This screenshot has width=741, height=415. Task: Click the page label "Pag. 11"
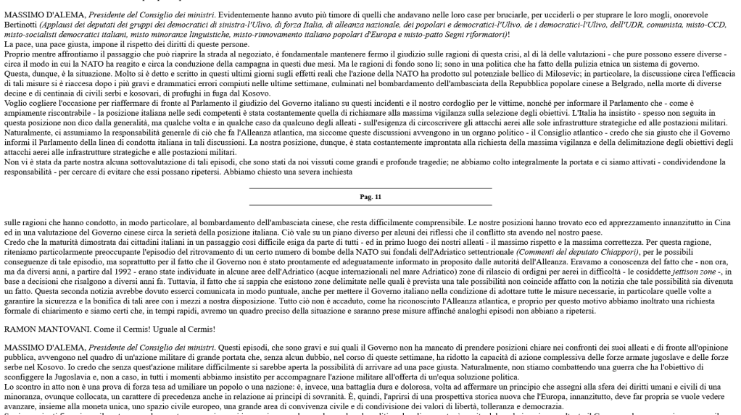[x=370, y=197]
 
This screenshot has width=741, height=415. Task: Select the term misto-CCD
[x=713, y=24]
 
